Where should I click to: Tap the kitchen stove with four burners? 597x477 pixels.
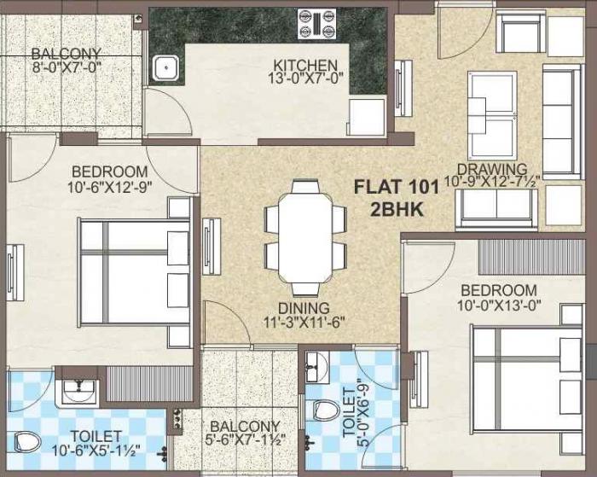point(315,25)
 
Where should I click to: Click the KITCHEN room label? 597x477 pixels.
point(305,66)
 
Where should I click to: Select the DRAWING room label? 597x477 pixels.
point(491,169)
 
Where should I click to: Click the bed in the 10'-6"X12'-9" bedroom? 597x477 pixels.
point(134,272)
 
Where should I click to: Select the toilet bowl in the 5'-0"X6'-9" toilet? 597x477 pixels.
point(324,409)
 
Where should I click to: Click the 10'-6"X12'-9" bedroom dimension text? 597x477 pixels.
point(109,186)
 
